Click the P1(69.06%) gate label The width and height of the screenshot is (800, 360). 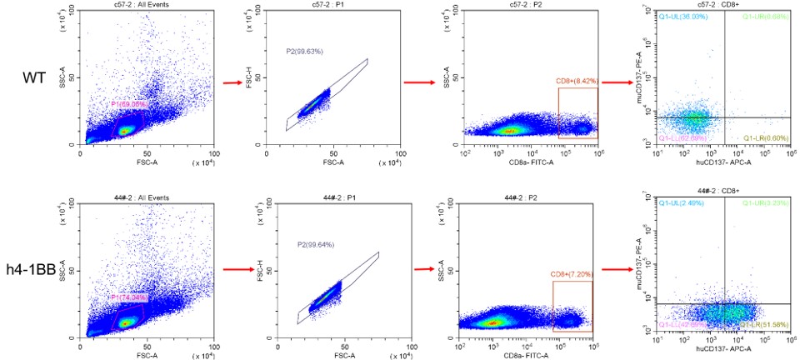128,104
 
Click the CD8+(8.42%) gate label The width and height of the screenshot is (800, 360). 577,82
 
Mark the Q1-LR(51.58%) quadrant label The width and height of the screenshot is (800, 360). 762,324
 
